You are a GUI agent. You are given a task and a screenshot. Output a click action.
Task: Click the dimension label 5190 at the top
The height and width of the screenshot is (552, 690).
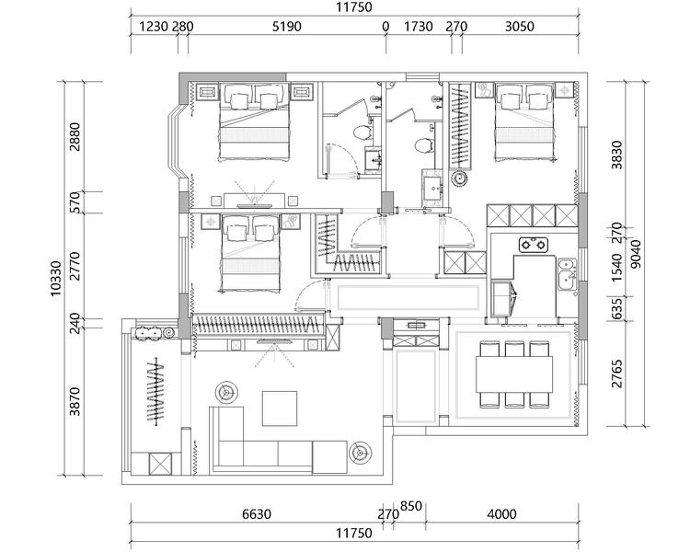tap(286, 27)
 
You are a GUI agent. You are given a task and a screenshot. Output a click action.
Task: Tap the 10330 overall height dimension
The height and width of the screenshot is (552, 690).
tap(56, 278)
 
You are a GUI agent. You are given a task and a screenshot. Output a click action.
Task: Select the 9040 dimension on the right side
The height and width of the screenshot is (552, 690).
tap(636, 254)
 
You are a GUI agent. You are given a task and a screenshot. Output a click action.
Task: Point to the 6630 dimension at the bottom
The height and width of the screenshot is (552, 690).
tap(257, 513)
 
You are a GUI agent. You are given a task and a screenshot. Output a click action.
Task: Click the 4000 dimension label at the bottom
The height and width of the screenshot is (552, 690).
tap(501, 513)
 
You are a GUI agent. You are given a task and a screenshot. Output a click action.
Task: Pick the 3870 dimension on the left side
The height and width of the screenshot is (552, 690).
tap(75, 401)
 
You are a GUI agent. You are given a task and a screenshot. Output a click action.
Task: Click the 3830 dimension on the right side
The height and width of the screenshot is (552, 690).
tap(617, 155)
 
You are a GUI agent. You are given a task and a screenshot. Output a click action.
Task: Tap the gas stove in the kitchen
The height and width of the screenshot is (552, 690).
tap(534, 245)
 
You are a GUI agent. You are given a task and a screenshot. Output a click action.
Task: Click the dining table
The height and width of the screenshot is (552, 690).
tap(514, 374)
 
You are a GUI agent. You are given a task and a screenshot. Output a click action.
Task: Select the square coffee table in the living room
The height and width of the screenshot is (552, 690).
tap(280, 408)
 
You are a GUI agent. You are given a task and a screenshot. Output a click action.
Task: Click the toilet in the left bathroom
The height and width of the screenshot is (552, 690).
tap(362, 132)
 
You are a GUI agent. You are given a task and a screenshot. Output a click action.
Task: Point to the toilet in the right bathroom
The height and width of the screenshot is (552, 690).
tap(424, 145)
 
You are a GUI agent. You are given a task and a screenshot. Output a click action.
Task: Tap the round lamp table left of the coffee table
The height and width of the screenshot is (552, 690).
tap(226, 392)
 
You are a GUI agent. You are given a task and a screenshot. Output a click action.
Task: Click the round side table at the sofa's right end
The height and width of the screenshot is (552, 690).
tap(360, 453)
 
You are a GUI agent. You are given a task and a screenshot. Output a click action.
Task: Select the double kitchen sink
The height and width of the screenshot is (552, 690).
tap(567, 274)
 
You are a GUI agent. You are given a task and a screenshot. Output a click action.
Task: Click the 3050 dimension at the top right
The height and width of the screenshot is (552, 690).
tap(519, 27)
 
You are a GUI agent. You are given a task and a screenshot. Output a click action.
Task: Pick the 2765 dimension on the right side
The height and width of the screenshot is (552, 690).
tap(617, 374)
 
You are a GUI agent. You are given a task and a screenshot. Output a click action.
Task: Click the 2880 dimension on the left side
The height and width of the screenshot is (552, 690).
tap(75, 136)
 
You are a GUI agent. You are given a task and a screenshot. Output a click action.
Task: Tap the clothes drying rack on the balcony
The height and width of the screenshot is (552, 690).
tap(155, 391)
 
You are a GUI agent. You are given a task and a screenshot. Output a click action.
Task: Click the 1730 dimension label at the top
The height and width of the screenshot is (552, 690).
tap(418, 27)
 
